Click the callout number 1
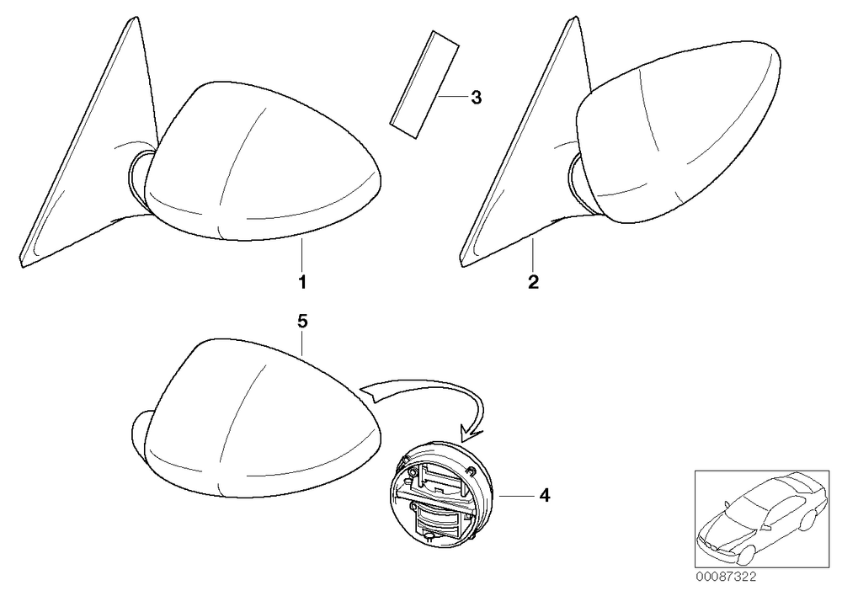[302, 281]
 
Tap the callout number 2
[533, 281]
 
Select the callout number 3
[476, 98]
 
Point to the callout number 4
[545, 495]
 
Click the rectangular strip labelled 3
[424, 85]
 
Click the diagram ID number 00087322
[726, 577]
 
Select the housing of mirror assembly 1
[263, 161]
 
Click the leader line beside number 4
[517, 495]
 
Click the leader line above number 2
[533, 255]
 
